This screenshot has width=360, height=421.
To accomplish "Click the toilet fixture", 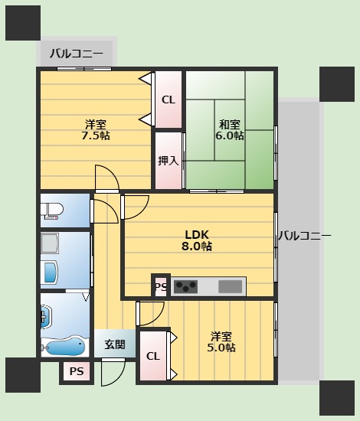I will (54, 210).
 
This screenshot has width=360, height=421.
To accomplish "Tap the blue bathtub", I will (65, 347).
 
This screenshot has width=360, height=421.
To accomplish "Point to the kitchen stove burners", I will (186, 287).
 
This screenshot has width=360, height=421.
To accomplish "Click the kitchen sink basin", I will (230, 287).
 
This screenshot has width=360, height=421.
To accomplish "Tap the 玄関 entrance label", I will (116, 344).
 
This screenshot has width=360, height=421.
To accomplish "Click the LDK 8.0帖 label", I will (197, 240).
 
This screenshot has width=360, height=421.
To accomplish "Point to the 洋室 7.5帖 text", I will (96, 130).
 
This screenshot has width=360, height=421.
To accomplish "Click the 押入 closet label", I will (169, 161).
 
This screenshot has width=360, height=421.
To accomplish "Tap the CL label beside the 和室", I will (169, 100).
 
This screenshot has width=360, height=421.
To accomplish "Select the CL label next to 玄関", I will (152, 356).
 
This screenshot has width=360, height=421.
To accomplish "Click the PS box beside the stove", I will (161, 287).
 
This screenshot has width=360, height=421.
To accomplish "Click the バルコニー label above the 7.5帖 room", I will (76, 54).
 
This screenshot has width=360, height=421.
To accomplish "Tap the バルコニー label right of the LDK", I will (304, 236).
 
